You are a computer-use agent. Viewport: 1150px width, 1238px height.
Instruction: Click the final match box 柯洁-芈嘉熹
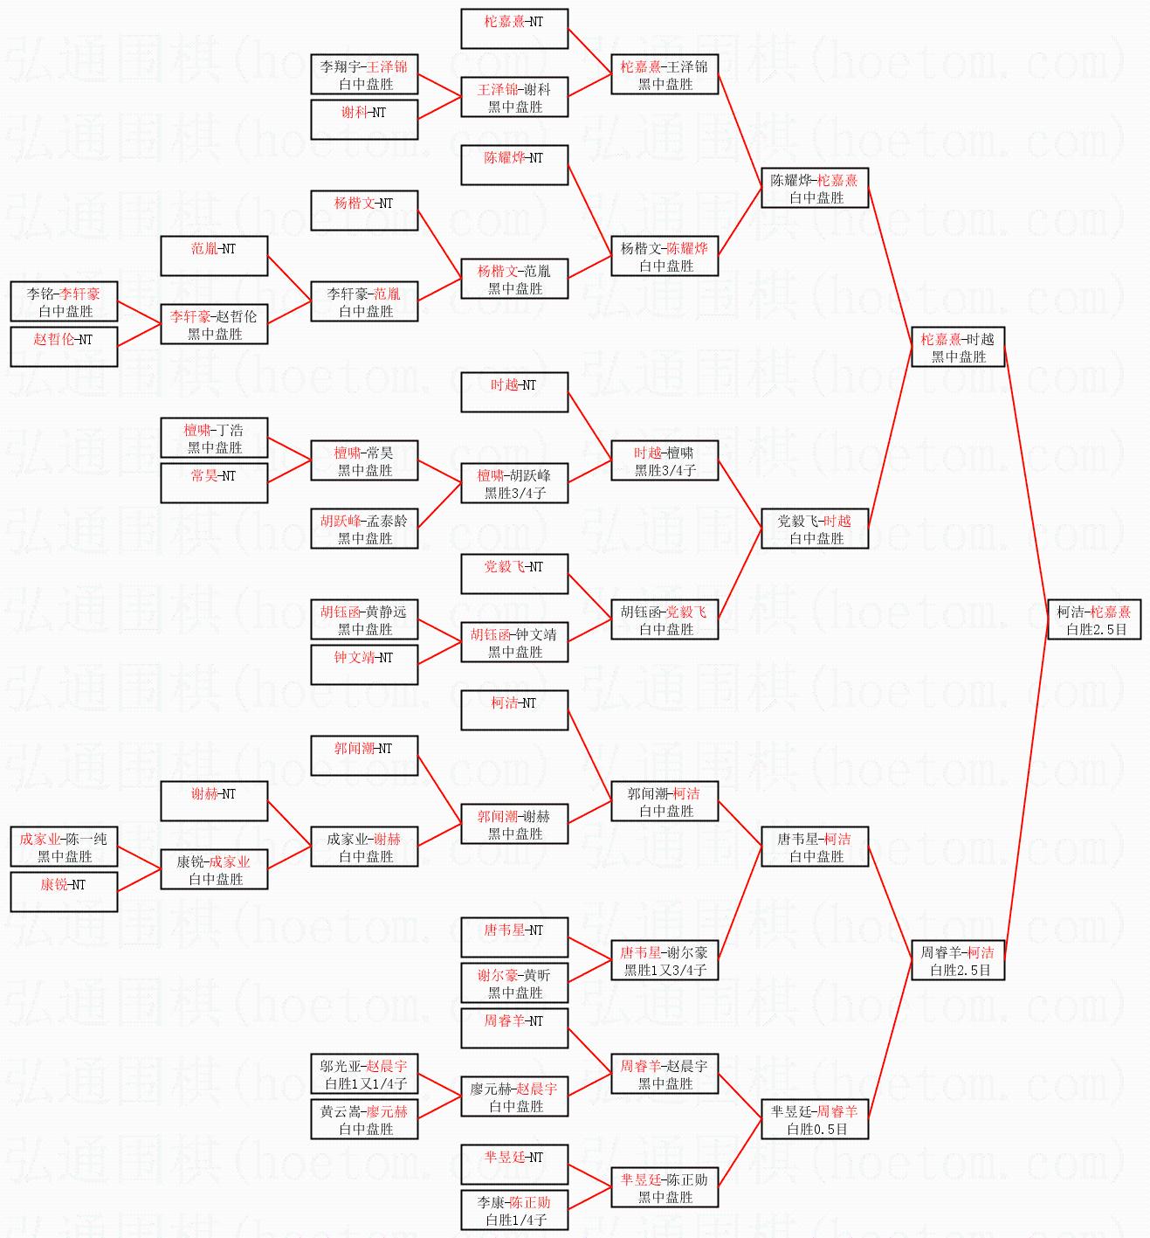(x=1093, y=619)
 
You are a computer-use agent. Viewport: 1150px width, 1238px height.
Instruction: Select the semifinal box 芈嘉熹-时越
(x=958, y=347)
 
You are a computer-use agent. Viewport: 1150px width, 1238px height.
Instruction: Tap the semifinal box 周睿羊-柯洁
(x=958, y=960)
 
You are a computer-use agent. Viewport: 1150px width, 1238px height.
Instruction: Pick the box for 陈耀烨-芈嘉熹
(x=815, y=188)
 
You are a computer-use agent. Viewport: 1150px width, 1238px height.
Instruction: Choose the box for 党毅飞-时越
(x=815, y=529)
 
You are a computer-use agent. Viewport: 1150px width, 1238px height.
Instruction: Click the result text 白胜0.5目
(x=816, y=1129)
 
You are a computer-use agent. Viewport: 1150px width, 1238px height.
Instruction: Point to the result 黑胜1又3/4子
(x=665, y=970)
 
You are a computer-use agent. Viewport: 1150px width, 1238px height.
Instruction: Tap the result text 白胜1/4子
(x=515, y=1220)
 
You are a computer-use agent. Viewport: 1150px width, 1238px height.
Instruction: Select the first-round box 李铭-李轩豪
(x=64, y=301)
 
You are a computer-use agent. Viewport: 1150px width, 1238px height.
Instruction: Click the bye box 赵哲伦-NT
(x=64, y=347)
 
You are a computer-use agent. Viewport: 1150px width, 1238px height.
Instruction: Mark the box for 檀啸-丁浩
(x=214, y=438)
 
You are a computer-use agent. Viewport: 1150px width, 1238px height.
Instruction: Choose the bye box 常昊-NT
(x=214, y=483)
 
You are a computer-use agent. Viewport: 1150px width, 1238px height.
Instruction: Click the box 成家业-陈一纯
(x=64, y=847)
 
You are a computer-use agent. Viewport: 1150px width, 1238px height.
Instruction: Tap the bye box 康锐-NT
(x=64, y=892)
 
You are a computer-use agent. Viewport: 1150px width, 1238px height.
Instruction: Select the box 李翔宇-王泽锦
(x=364, y=74)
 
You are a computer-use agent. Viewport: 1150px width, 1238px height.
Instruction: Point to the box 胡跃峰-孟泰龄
(x=364, y=529)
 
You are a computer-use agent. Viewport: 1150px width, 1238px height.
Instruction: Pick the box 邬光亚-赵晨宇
(x=364, y=1074)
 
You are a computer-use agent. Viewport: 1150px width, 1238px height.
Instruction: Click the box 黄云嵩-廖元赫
(x=364, y=1119)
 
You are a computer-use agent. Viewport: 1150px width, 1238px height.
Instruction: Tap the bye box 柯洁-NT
(x=514, y=710)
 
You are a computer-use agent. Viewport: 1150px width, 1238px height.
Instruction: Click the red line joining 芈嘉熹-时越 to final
(x=1026, y=481)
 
